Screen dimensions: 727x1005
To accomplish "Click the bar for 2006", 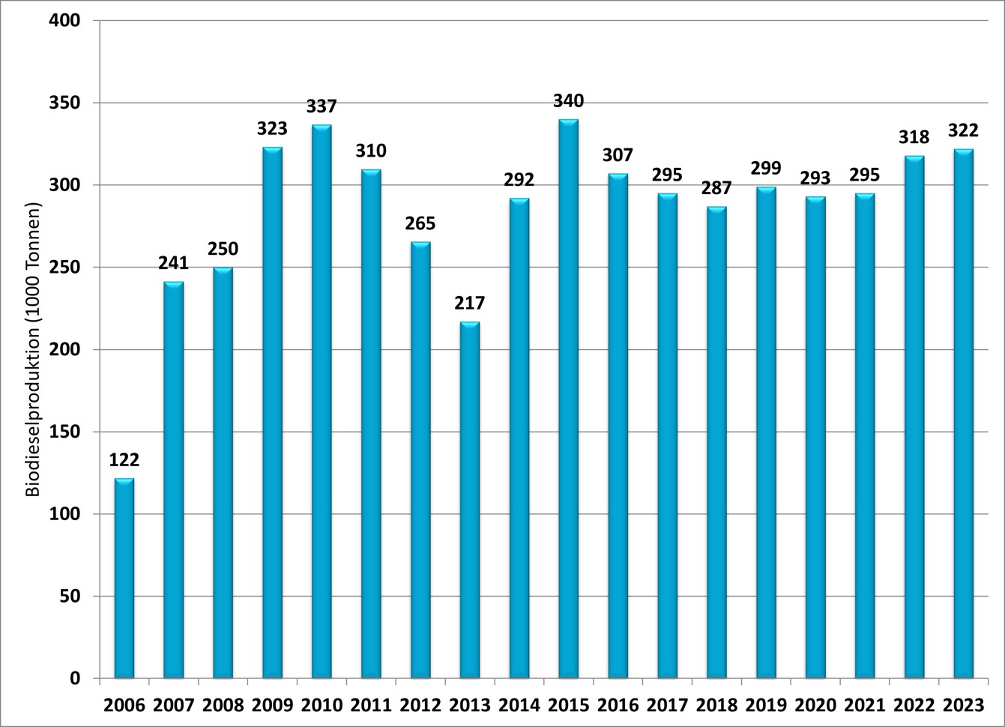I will pos(124,578).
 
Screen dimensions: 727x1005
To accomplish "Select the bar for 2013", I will pos(470,500).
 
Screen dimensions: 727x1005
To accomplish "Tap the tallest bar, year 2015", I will pos(568,399).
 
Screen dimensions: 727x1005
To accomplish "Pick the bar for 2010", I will pos(322,401).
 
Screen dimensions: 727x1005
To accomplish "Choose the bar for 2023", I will pos(963,414).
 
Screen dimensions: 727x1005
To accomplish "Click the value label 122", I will pos(124,460).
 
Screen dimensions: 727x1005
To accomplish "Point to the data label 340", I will pos(568,101).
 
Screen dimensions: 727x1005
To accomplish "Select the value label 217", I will pos(470,304).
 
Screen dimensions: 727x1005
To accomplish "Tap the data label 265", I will pos(420,223).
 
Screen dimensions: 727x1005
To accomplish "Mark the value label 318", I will pos(914,137).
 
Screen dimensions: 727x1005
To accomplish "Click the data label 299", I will pos(766,169).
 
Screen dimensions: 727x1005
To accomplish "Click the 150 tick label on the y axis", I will pos(67,432).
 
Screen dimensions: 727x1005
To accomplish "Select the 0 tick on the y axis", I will pos(75,678).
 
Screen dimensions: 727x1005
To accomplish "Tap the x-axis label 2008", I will pos(223,705).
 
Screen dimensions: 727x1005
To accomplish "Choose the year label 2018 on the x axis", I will pos(716,705).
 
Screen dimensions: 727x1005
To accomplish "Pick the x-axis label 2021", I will pos(864,705).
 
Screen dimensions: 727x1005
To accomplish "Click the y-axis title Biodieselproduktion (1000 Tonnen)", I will pos(34,349).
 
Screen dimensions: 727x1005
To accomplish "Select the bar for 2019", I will pos(766,432).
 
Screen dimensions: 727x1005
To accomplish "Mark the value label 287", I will pos(716,188).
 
